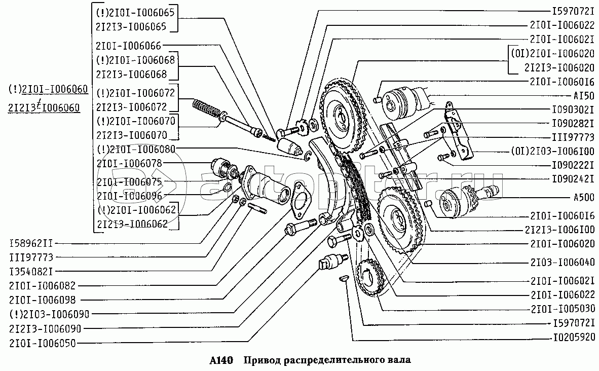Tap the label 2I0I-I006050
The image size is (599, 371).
[x=42, y=343]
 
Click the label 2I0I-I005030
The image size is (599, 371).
[x=563, y=308]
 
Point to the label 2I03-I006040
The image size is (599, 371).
[x=563, y=262]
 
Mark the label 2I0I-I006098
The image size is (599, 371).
[x=42, y=300]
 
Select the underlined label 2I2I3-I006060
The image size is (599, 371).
[x=44, y=107]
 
